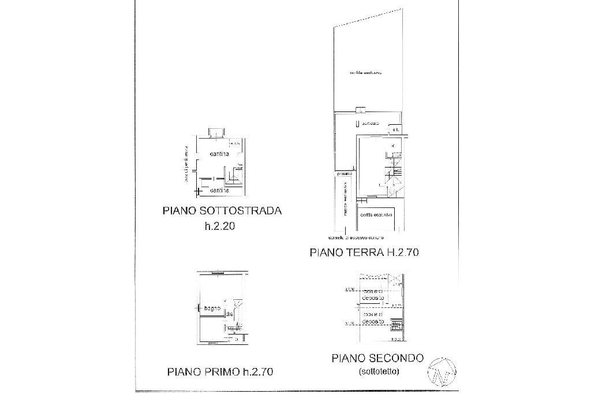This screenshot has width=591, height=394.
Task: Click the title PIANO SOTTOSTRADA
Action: (222, 211)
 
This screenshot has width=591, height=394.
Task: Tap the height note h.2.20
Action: (219, 227)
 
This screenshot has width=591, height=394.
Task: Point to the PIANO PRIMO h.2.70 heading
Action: (220, 372)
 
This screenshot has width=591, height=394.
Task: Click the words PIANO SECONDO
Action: (377, 358)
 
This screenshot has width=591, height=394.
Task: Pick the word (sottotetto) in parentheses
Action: (378, 371)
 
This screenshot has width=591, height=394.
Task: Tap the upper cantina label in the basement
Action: (220, 154)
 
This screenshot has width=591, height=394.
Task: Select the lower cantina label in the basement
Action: (220, 190)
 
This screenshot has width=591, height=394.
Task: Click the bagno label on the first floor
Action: (212, 308)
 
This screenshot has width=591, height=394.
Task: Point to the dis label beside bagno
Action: (229, 314)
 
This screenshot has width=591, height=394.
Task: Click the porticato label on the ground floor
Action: (370, 124)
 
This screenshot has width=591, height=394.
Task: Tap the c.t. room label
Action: (395, 130)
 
